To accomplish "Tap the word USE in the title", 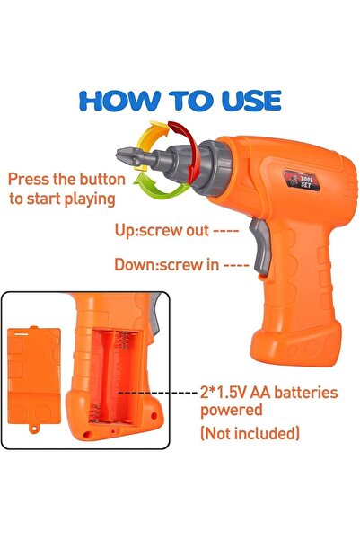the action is point(251,101).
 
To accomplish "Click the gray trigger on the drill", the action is point(259,246).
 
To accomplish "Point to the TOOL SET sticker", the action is point(302,180).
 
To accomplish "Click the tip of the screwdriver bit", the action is point(118,153).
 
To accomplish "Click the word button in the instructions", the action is point(102,180).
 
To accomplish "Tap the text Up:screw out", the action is point(162,230).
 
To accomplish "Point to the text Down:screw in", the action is point(167,264).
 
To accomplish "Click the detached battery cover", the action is point(34,376).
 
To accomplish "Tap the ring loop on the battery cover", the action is point(34,429).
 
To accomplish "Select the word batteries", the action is point(306,393).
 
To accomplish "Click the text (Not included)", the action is point(250,433).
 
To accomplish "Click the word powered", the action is point(232,411).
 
